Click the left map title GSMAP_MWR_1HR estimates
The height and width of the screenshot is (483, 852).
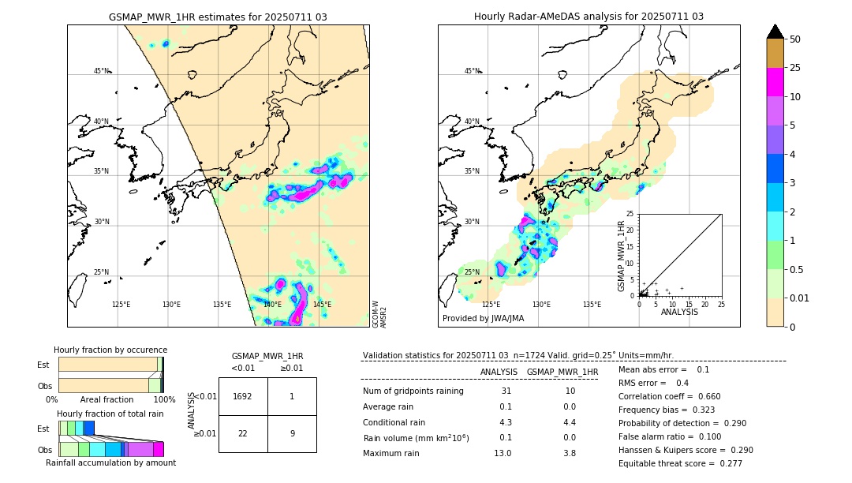pyautogui.click(x=218, y=17)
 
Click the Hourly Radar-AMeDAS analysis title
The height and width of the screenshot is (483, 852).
pyautogui.click(x=589, y=17)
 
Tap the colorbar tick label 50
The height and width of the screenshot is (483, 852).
pyautogui.click(x=795, y=39)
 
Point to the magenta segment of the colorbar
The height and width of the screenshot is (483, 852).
pyautogui.click(x=775, y=82)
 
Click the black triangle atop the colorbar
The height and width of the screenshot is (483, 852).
pyautogui.click(x=775, y=32)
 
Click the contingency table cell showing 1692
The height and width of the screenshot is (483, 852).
pyautogui.click(x=243, y=396)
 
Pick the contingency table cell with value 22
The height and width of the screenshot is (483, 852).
pyautogui.click(x=243, y=433)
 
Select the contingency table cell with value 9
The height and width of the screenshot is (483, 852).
pyautogui.click(x=292, y=433)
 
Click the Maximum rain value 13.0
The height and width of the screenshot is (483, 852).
pyautogui.click(x=502, y=453)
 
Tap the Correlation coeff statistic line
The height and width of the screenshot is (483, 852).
pyautogui.click(x=669, y=396)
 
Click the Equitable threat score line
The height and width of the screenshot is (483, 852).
pyautogui.click(x=680, y=463)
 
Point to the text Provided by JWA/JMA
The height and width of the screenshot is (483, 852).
pyautogui.click(x=483, y=318)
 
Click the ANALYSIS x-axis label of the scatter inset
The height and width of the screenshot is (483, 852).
pyautogui.click(x=679, y=312)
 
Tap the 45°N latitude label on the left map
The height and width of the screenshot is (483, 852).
pyautogui.click(x=101, y=71)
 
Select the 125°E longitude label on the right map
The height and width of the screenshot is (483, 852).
pyautogui.click(x=491, y=305)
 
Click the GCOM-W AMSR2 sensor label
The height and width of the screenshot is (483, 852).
pyautogui.click(x=379, y=313)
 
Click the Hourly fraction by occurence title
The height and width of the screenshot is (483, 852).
pyautogui.click(x=110, y=350)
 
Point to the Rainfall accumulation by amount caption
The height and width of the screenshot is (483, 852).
pyautogui.click(x=110, y=462)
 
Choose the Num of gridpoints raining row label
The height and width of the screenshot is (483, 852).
pyautogui.click(x=413, y=391)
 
